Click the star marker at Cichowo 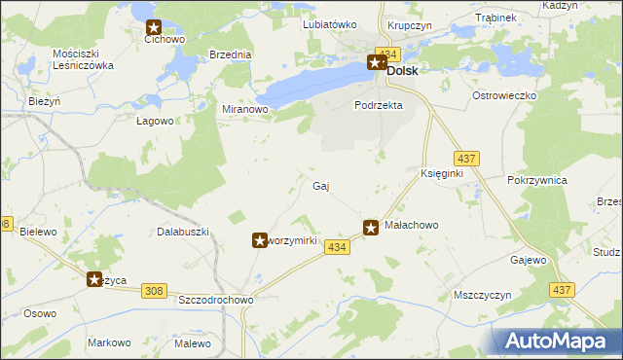click(x=154, y=29)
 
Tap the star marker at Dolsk click(x=376, y=63)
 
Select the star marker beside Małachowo click(x=371, y=228)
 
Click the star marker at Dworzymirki click(x=260, y=239)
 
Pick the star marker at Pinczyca click(x=94, y=279)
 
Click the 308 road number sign click(x=153, y=290)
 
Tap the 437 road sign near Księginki click(x=464, y=158)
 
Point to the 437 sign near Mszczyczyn click(x=561, y=290)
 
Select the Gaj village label click(x=320, y=186)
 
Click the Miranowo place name click(x=245, y=110)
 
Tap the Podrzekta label click(x=379, y=105)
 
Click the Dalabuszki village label click(x=184, y=233)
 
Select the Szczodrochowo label click(x=215, y=301)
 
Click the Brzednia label click(x=230, y=55)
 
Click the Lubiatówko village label click(x=330, y=24)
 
